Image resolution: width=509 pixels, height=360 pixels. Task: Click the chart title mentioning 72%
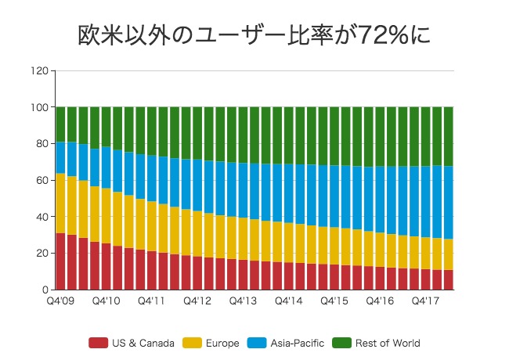tap(254, 34)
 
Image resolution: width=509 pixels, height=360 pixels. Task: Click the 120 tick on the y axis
tap(40, 71)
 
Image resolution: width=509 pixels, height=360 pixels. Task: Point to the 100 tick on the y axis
tap(40, 107)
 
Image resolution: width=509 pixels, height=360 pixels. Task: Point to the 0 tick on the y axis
tap(45, 290)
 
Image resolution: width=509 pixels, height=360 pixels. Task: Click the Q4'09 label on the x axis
tap(60, 301)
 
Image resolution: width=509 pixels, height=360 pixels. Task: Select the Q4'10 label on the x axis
tap(106, 301)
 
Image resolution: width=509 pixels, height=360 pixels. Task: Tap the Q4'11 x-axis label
tap(151, 301)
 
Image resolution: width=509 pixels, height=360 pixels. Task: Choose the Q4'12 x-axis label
tap(197, 301)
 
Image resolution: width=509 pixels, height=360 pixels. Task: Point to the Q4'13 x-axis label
tap(243, 301)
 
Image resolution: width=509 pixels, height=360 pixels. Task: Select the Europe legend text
tap(218, 343)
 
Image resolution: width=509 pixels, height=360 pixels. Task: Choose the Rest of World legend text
tap(388, 343)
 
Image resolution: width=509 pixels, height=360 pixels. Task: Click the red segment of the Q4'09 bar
tap(60, 261)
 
